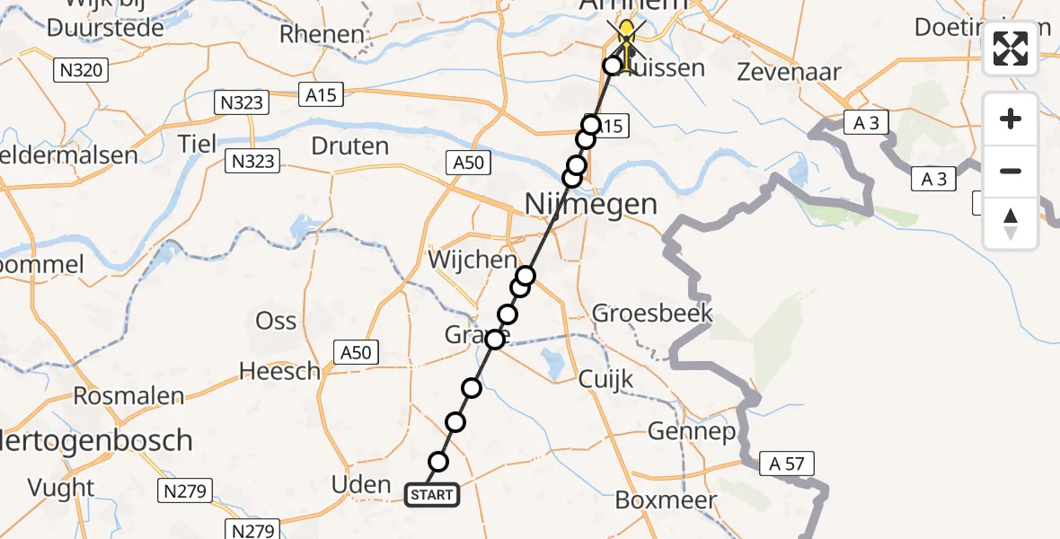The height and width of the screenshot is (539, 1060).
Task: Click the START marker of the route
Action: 432,494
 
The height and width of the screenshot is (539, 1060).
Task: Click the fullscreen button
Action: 1011,49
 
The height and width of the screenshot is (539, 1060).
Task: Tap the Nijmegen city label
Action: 590,204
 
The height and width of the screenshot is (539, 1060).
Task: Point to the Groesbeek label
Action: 652,314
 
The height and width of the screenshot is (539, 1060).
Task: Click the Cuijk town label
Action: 606,379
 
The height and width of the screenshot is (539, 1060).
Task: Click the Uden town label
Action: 361,485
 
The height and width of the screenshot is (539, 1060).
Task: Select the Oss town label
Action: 276,321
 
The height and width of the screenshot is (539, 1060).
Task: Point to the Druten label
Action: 349,146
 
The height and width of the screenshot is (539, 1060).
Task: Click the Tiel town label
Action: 198,144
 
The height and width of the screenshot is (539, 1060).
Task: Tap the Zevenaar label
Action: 789,72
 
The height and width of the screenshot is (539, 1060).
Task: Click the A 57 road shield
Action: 787,464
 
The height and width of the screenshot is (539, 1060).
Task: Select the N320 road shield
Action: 81,69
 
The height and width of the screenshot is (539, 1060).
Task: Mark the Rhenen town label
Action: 322,35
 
